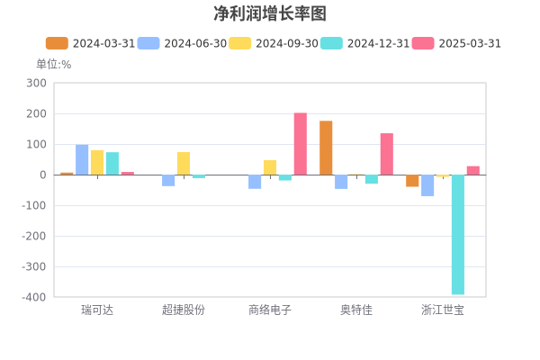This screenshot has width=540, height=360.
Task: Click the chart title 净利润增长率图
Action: pyautogui.click(x=270, y=13)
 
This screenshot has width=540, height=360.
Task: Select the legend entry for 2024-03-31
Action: pyautogui.click(x=91, y=43)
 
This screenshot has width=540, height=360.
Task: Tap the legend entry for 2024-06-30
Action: pyautogui.click(x=182, y=43)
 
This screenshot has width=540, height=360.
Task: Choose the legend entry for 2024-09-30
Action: pyautogui.click(x=274, y=43)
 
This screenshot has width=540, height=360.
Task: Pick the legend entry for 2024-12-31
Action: pyautogui.click(x=365, y=43)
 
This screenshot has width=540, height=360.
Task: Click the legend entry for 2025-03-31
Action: pyautogui.click(x=456, y=43)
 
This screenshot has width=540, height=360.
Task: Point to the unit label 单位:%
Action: pyautogui.click(x=54, y=65)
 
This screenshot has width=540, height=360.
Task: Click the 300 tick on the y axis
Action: pyautogui.click(x=37, y=83)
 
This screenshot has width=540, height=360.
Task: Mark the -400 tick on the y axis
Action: pyautogui.click(x=34, y=297)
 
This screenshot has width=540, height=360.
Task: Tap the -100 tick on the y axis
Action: pyautogui.click(x=34, y=206)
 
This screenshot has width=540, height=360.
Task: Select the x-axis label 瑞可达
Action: pyautogui.click(x=97, y=310)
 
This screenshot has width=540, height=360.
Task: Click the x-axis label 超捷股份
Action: pyautogui.click(x=184, y=310)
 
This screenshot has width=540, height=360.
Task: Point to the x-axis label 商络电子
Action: pyautogui.click(x=270, y=310)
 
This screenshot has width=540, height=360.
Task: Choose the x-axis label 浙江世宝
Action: pyautogui.click(x=443, y=310)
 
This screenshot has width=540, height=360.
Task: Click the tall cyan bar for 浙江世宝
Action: pyautogui.click(x=458, y=235)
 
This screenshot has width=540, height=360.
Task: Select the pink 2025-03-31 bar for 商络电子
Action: pyautogui.click(x=301, y=144)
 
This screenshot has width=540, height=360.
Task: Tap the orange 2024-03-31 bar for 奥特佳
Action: pyautogui.click(x=326, y=148)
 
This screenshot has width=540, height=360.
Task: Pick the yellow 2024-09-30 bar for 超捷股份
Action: pyautogui.click(x=184, y=164)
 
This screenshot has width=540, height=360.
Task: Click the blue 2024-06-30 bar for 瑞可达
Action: pyautogui.click(x=82, y=160)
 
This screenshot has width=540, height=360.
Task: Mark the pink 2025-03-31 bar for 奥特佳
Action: pyautogui.click(x=387, y=154)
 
